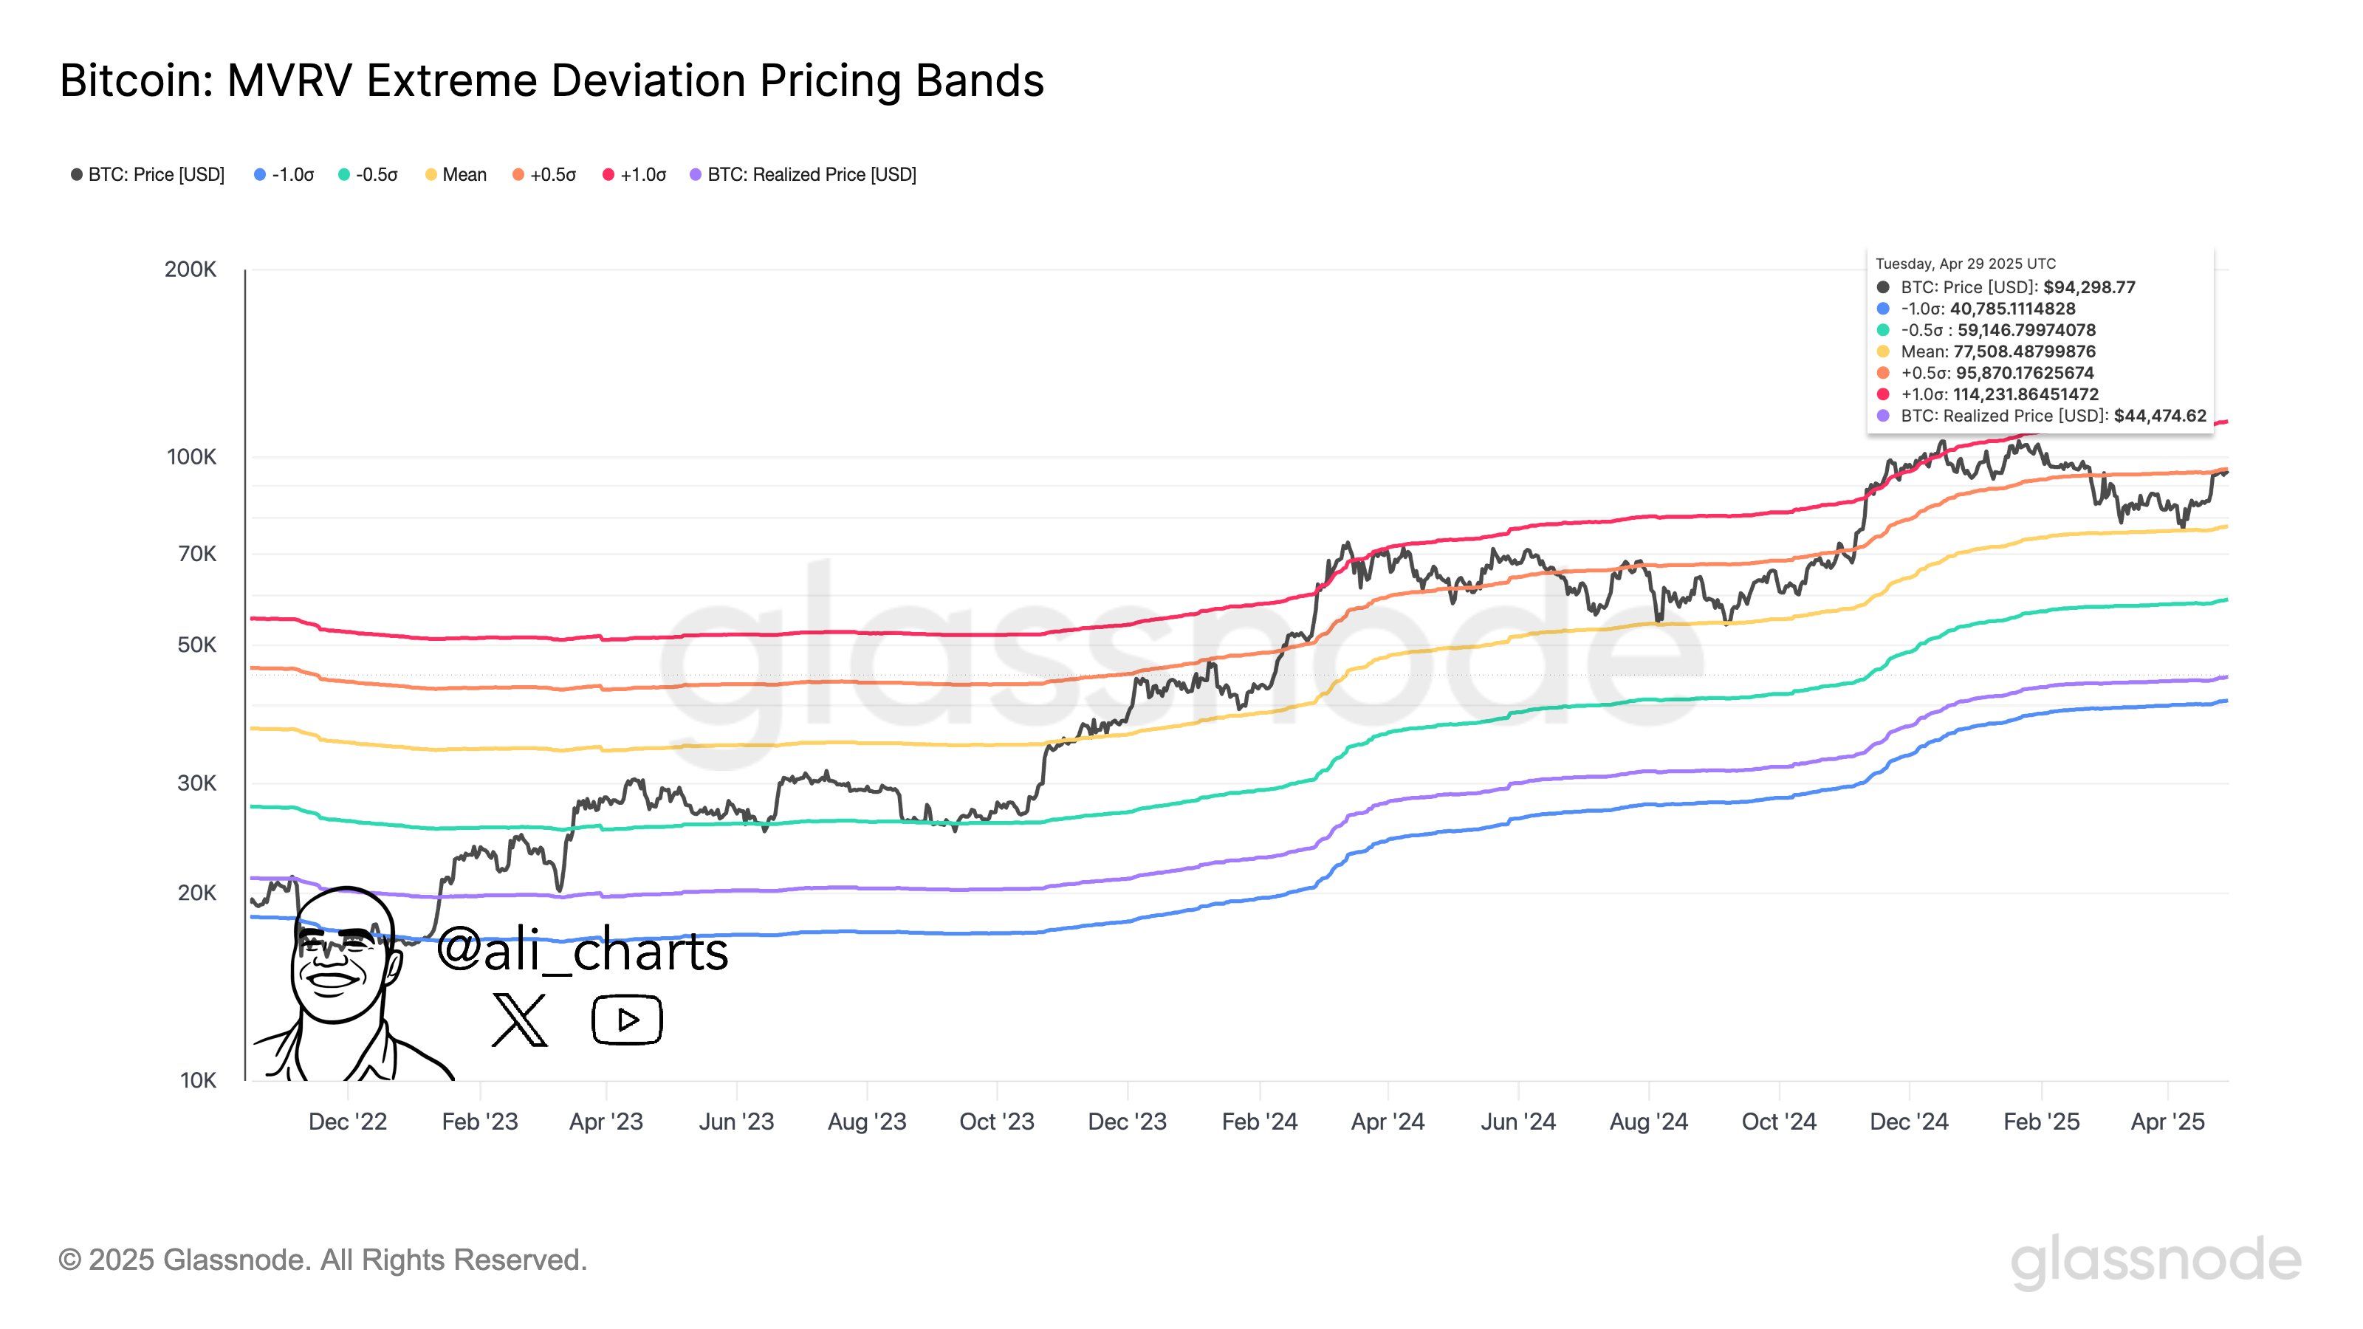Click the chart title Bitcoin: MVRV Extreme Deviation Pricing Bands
point(552,80)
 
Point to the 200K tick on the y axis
point(191,269)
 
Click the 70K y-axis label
point(197,554)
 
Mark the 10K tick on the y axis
point(198,1080)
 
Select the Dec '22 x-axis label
point(348,1122)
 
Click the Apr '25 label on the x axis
point(2167,1122)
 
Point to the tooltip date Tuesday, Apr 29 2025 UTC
point(1966,264)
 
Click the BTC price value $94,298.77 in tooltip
point(2089,287)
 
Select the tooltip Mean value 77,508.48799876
point(2025,351)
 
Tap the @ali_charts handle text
point(583,950)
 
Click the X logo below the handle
point(519,1019)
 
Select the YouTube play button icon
point(628,1020)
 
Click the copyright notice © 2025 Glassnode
point(323,1260)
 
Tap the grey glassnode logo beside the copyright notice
point(2155,1261)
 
